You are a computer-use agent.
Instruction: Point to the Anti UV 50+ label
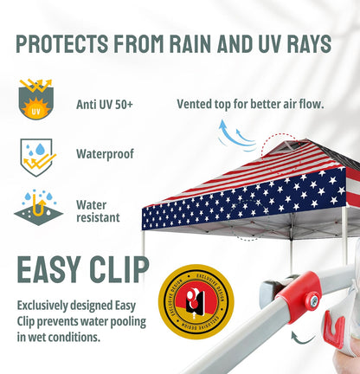pyautogui.click(x=105, y=105)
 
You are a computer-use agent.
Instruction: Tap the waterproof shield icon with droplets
pyautogui.click(x=35, y=156)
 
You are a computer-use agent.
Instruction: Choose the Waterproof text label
pyautogui.click(x=105, y=154)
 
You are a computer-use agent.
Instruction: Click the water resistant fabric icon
pyautogui.click(x=35, y=206)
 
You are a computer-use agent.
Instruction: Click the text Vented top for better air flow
pyautogui.click(x=250, y=104)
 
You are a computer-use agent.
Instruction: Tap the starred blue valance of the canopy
pyautogui.click(x=242, y=205)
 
